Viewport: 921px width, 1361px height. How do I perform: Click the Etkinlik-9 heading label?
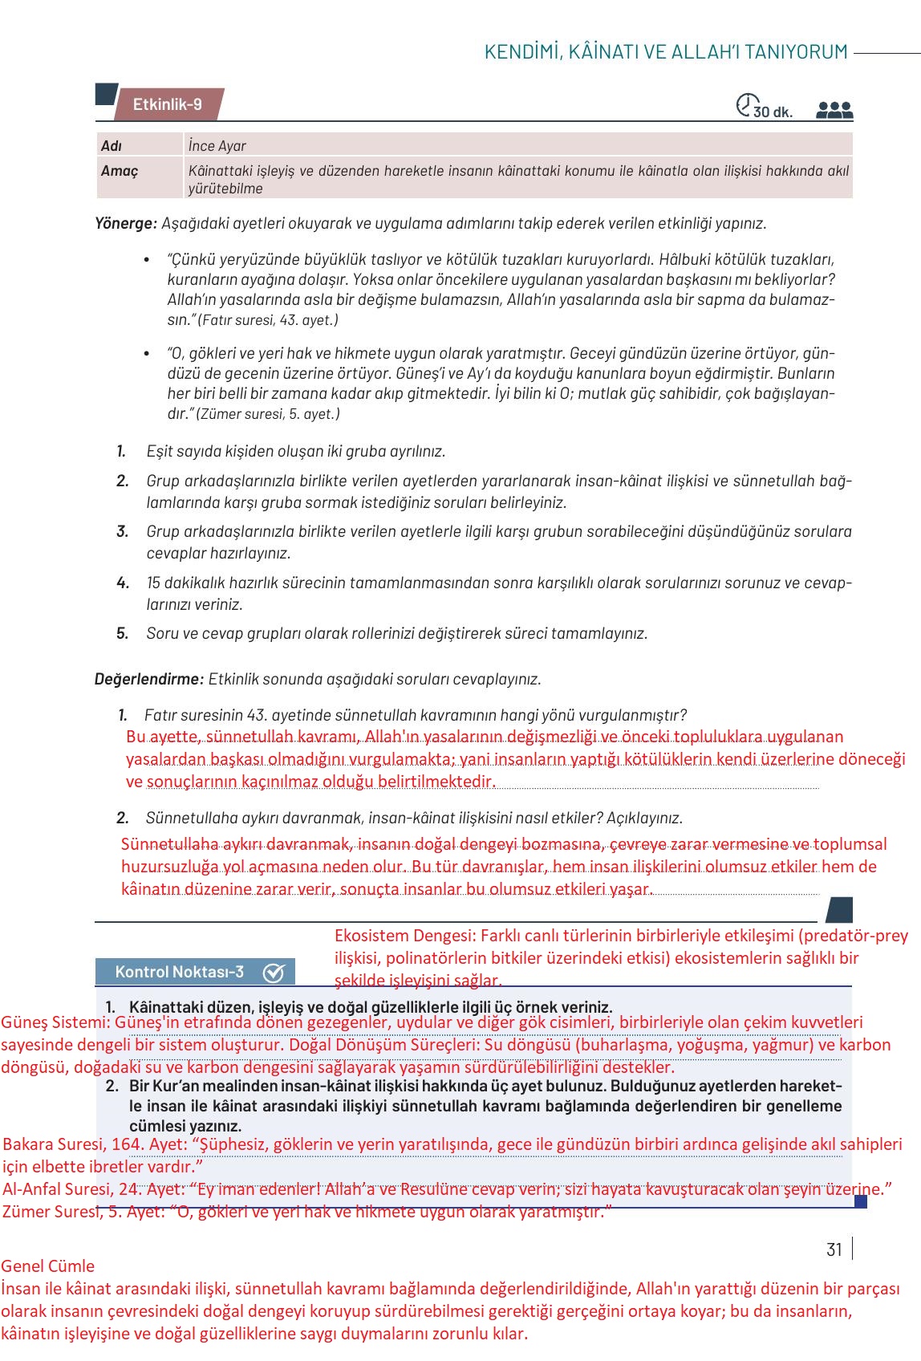pyautogui.click(x=167, y=104)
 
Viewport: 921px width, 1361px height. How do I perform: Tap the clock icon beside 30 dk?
pyautogui.click(x=745, y=104)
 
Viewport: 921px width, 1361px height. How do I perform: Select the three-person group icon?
pyautogui.click(x=834, y=110)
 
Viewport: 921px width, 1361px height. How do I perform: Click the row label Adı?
pyautogui.click(x=112, y=146)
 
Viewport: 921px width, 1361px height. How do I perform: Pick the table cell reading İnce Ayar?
pyautogui.click(x=217, y=146)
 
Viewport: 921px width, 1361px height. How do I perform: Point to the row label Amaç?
pyautogui.click(x=120, y=171)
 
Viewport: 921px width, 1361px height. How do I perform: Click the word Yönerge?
pyautogui.click(x=126, y=223)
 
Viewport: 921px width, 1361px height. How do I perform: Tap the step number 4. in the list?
pyautogui.click(x=123, y=583)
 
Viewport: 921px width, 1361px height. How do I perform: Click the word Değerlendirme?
pyautogui.click(x=148, y=679)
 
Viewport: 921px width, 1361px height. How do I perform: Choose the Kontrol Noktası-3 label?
pyautogui.click(x=179, y=972)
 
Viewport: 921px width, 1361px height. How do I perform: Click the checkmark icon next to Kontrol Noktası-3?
pyautogui.click(x=274, y=973)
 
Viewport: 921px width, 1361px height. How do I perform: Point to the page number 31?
pyautogui.click(x=834, y=1249)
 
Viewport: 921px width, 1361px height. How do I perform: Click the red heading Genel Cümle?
pyautogui.click(x=47, y=1266)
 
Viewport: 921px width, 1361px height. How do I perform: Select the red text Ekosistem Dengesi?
pyautogui.click(x=406, y=936)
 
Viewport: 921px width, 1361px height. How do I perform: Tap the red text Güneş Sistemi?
pyautogui.click(x=55, y=1022)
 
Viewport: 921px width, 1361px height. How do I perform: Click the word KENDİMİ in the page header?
pyautogui.click(x=521, y=52)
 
